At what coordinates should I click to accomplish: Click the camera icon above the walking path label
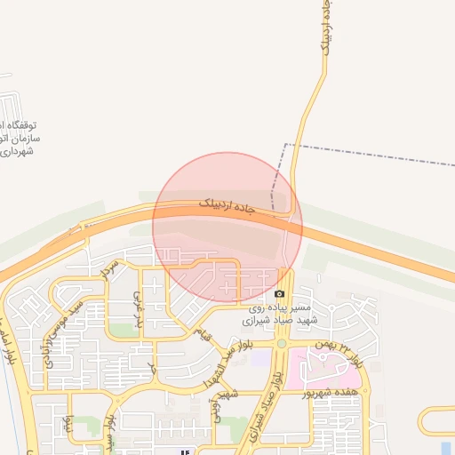[x=280, y=294]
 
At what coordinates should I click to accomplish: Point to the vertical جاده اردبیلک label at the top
[x=328, y=31]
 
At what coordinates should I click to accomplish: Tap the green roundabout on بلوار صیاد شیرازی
[x=282, y=343]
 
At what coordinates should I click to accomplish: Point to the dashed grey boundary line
[x=373, y=152]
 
